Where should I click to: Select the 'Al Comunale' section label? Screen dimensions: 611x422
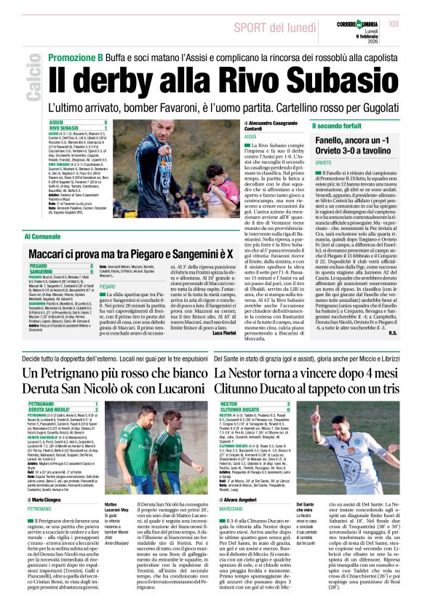42,237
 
